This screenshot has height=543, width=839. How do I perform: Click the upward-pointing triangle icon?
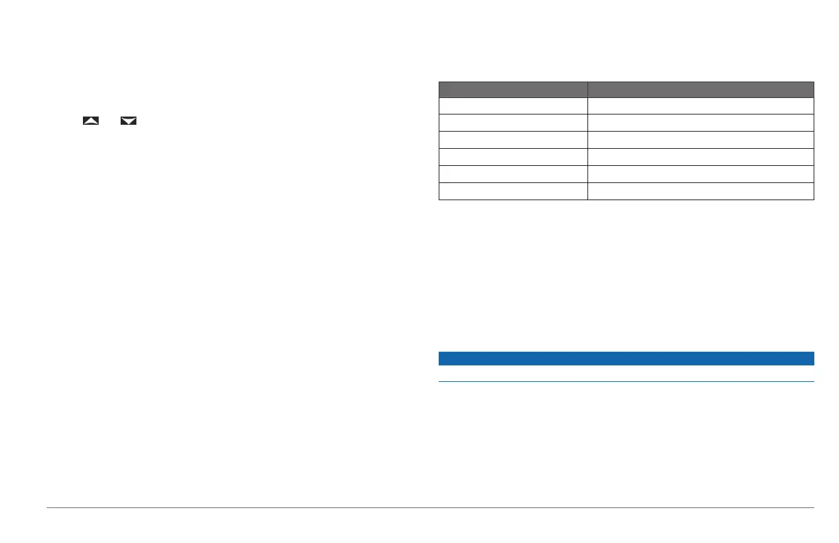pyautogui.click(x=90, y=121)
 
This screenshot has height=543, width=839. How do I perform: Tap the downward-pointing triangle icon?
pyautogui.click(x=128, y=121)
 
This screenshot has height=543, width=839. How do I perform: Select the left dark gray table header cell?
pyautogui.click(x=513, y=89)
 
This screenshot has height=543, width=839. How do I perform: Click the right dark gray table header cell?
pyautogui.click(x=701, y=89)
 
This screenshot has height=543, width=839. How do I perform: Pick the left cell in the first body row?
pyautogui.click(x=513, y=106)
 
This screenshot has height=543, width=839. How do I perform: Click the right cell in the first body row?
pyautogui.click(x=701, y=106)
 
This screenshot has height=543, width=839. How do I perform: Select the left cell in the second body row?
pyautogui.click(x=513, y=123)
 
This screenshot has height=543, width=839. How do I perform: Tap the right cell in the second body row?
pyautogui.click(x=701, y=123)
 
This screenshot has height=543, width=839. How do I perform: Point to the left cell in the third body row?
pyautogui.click(x=513, y=140)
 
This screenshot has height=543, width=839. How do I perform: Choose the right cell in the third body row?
pyautogui.click(x=701, y=140)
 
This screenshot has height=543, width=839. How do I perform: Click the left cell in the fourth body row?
pyautogui.click(x=513, y=157)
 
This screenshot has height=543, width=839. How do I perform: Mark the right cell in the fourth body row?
pyautogui.click(x=701, y=157)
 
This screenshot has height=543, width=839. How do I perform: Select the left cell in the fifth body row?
pyautogui.click(x=513, y=174)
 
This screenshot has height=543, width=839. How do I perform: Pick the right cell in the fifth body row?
pyautogui.click(x=701, y=174)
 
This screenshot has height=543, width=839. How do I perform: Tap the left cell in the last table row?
pyautogui.click(x=513, y=191)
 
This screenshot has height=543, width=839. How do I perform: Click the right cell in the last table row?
pyautogui.click(x=701, y=191)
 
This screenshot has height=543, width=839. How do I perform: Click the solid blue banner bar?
pyautogui.click(x=626, y=359)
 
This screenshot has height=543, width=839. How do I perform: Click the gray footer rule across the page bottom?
pyautogui.click(x=430, y=508)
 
